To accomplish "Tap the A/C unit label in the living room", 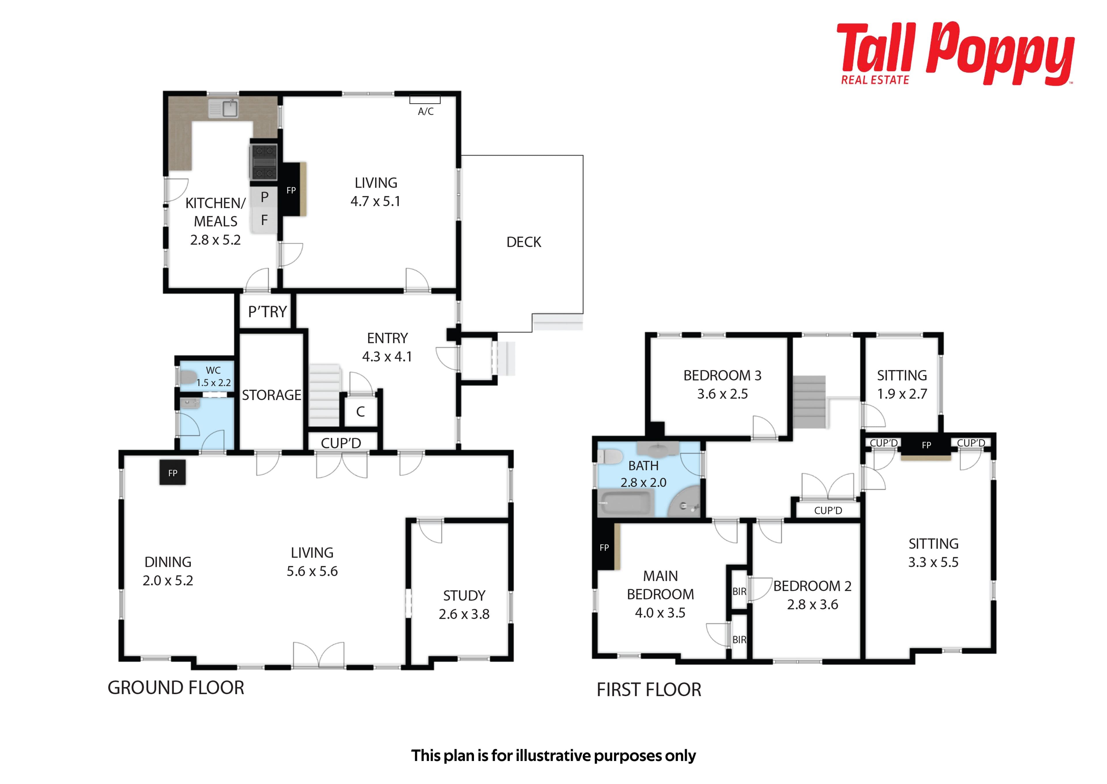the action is [425, 112].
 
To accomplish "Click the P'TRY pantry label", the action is [268, 312].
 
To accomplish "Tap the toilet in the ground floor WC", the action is [187, 376].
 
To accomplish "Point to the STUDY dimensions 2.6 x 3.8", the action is [464, 614].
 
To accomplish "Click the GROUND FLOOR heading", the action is [176, 687].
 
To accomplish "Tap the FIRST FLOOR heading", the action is [649, 690].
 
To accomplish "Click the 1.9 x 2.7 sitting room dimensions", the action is [902, 394].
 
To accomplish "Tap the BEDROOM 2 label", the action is [812, 586].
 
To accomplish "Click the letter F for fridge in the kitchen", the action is [264, 220].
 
